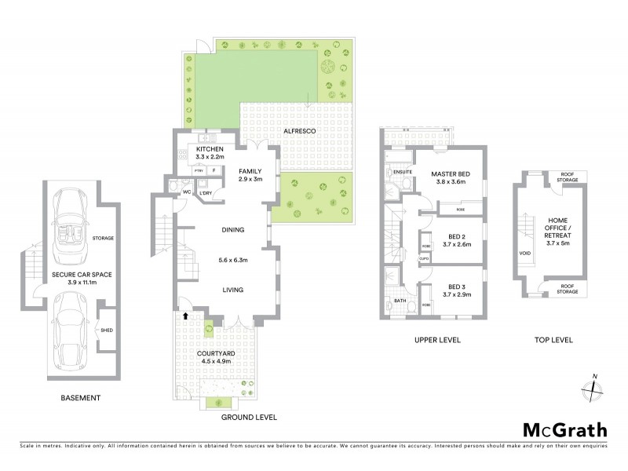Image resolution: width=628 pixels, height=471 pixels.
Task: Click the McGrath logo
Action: [564, 429]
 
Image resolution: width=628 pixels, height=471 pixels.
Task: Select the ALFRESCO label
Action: [300, 131]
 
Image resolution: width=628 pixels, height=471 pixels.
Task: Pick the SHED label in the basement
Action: [107, 330]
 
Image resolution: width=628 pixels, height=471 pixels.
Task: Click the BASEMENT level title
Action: [81, 398]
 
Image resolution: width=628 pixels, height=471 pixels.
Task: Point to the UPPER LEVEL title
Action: [437, 340]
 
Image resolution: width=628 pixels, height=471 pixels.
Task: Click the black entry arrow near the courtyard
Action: [185, 316]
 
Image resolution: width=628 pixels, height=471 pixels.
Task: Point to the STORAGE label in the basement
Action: [103, 238]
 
